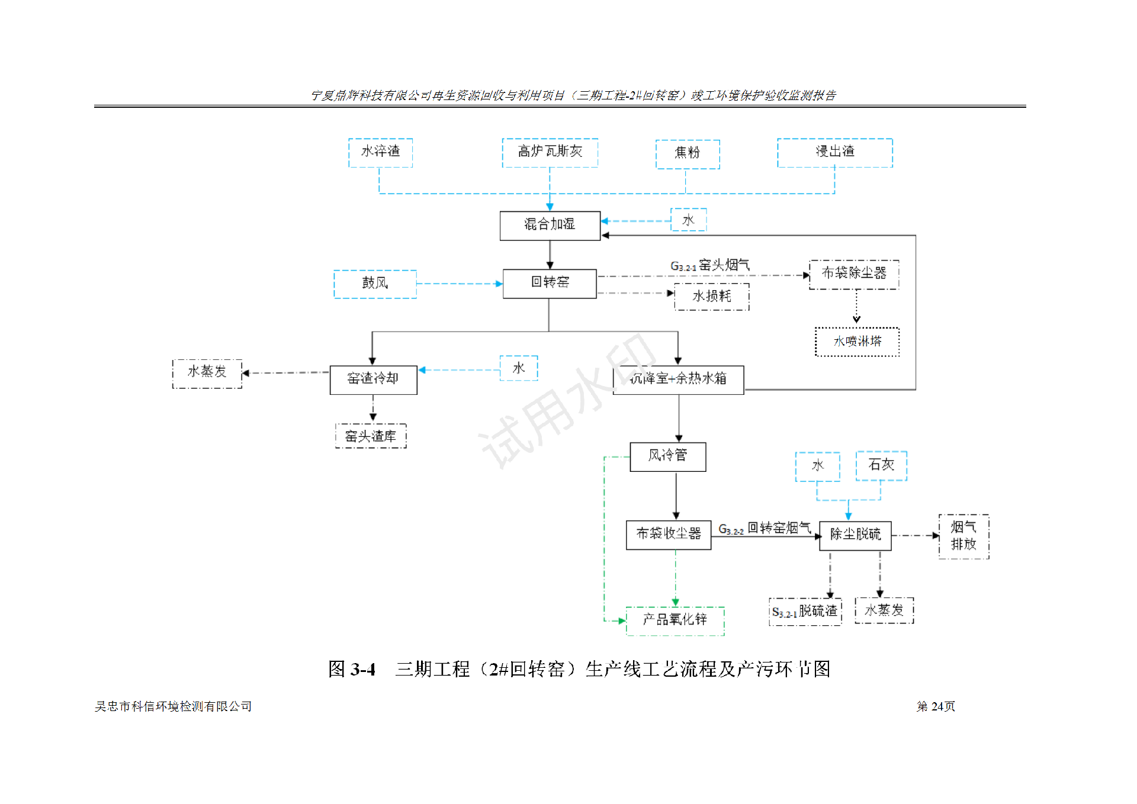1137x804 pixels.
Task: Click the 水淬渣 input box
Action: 380,152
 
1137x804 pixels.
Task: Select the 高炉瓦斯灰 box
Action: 550,152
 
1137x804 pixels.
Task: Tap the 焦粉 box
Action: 687,154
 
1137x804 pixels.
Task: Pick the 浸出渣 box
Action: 834,152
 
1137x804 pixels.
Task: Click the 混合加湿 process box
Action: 550,225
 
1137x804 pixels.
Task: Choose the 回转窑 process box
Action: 550,283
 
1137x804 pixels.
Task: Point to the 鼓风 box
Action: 375,284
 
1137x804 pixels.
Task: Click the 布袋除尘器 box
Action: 853,274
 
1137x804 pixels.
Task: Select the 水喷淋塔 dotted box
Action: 857,342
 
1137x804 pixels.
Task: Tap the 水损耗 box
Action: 712,296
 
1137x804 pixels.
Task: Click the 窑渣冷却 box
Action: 373,379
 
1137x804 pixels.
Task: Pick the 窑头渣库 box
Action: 371,436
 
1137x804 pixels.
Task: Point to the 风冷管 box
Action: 667,456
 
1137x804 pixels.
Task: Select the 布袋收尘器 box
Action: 668,534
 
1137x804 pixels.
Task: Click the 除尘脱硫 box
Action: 855,535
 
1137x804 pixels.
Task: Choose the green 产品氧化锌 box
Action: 675,620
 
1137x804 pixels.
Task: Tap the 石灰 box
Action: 881,465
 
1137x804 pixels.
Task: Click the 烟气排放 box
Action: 963,536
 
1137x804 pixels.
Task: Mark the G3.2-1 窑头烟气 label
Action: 709,266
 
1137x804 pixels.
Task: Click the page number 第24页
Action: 936,706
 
